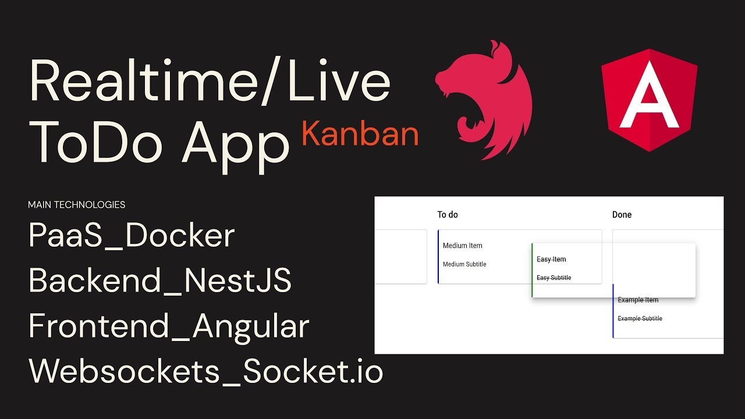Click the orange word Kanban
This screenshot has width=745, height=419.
[x=360, y=134]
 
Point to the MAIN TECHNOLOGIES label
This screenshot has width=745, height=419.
[x=76, y=205]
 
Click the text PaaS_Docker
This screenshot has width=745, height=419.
[x=132, y=236]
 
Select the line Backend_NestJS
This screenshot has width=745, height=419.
[x=159, y=281]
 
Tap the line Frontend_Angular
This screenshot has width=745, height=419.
[x=169, y=326]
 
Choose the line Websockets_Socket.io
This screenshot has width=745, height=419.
[x=205, y=371]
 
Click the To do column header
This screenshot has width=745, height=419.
[x=448, y=215]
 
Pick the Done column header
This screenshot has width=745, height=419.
[x=622, y=215]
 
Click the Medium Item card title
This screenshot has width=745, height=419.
[x=462, y=246]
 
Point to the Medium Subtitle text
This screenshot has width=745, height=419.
[x=464, y=264]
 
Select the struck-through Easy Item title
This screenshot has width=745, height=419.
[x=551, y=260]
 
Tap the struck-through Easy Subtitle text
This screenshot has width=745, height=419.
[x=554, y=278]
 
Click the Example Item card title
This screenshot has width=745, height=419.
[x=638, y=300]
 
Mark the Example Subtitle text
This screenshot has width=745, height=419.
[x=640, y=318]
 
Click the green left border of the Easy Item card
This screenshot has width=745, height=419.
[x=532, y=270]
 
